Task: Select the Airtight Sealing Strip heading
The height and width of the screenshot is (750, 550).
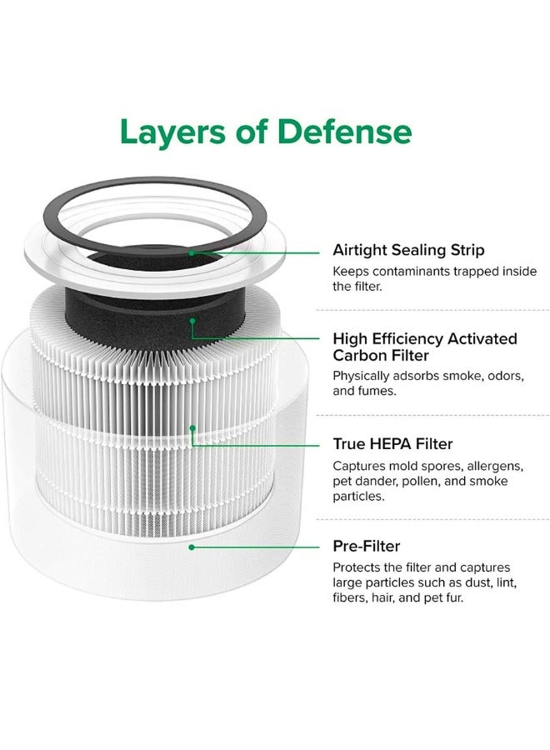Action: pos(408,250)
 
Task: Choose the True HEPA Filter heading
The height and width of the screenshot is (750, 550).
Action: pos(392,444)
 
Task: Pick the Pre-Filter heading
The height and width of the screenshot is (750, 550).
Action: pos(366,546)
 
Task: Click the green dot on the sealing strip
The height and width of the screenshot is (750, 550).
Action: pos(192,250)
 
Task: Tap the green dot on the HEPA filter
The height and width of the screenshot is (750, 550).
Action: pos(192,428)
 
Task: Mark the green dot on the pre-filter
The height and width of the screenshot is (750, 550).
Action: pos(192,547)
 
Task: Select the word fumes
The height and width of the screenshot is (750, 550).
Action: pos(377,392)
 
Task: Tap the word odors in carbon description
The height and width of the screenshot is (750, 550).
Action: pos(499,377)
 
